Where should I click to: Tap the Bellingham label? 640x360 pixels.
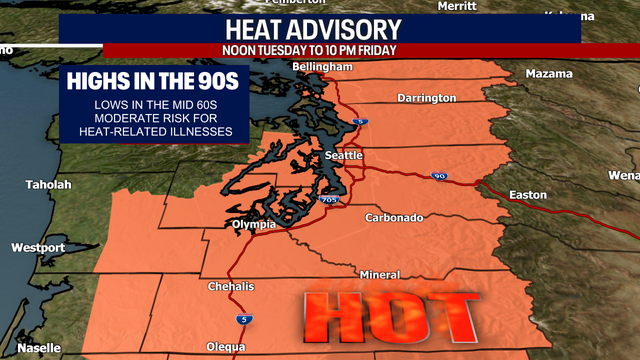coord(322,67)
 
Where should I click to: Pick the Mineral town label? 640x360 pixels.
coord(379,275)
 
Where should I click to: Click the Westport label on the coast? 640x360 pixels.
coord(38,247)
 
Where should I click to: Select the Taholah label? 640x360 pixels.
coord(48,185)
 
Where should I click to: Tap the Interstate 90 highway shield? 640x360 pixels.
coord(441,177)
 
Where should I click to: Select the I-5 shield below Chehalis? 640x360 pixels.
coord(245,319)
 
